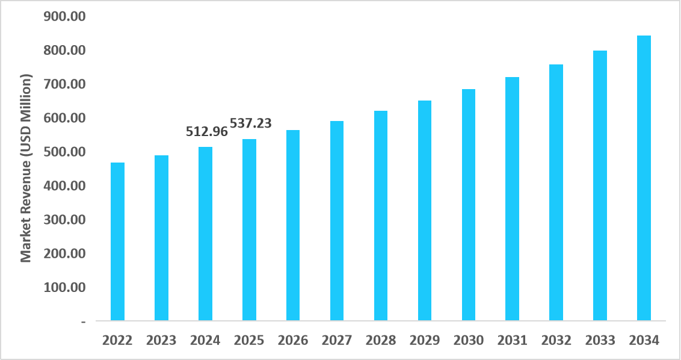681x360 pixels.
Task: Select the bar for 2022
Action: coord(117,241)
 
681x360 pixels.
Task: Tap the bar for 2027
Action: coord(337,220)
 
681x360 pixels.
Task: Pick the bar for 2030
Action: coord(469,205)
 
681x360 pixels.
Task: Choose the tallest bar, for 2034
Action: coord(644,178)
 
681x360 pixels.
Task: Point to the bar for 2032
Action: coord(556,192)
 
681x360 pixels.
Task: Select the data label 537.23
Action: coord(251,123)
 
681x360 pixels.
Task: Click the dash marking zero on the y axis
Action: coord(82,321)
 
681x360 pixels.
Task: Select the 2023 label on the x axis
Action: coord(161,341)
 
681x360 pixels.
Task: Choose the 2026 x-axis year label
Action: coord(293,341)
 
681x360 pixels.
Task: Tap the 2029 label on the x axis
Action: coord(425,341)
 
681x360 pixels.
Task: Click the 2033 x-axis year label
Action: coord(600,341)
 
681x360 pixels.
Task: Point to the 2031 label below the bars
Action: coord(513,341)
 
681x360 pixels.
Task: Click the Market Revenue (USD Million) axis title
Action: coord(25,169)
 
